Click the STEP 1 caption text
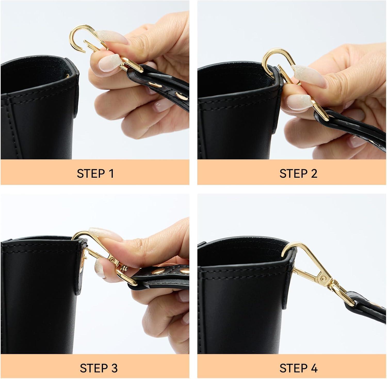point(95,173)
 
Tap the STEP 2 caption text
point(298,173)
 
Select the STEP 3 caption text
point(99,368)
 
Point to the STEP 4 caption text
point(299,368)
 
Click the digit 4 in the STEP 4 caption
point(314,368)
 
